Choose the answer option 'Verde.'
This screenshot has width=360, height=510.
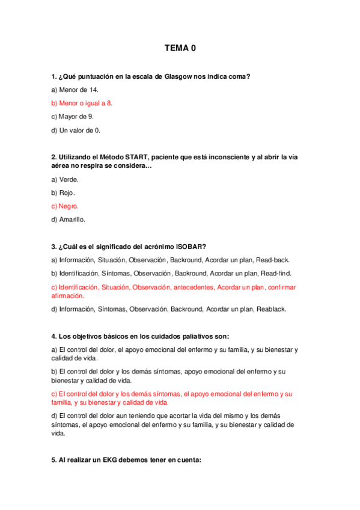[x=66, y=179]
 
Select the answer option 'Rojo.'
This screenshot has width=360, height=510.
[x=65, y=192]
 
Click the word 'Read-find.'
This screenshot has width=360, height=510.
[x=274, y=273]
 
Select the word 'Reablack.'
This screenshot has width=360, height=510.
[x=271, y=309]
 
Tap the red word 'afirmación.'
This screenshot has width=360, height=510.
[x=68, y=296]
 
